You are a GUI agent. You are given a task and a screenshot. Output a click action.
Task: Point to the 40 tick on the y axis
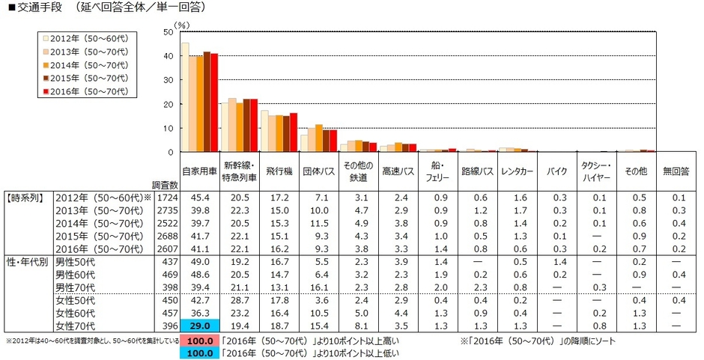click(169, 56)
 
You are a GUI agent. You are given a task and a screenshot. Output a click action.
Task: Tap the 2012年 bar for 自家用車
click(185, 97)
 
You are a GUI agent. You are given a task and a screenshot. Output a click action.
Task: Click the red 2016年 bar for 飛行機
click(294, 132)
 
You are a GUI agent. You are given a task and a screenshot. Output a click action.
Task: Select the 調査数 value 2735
click(165, 212)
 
